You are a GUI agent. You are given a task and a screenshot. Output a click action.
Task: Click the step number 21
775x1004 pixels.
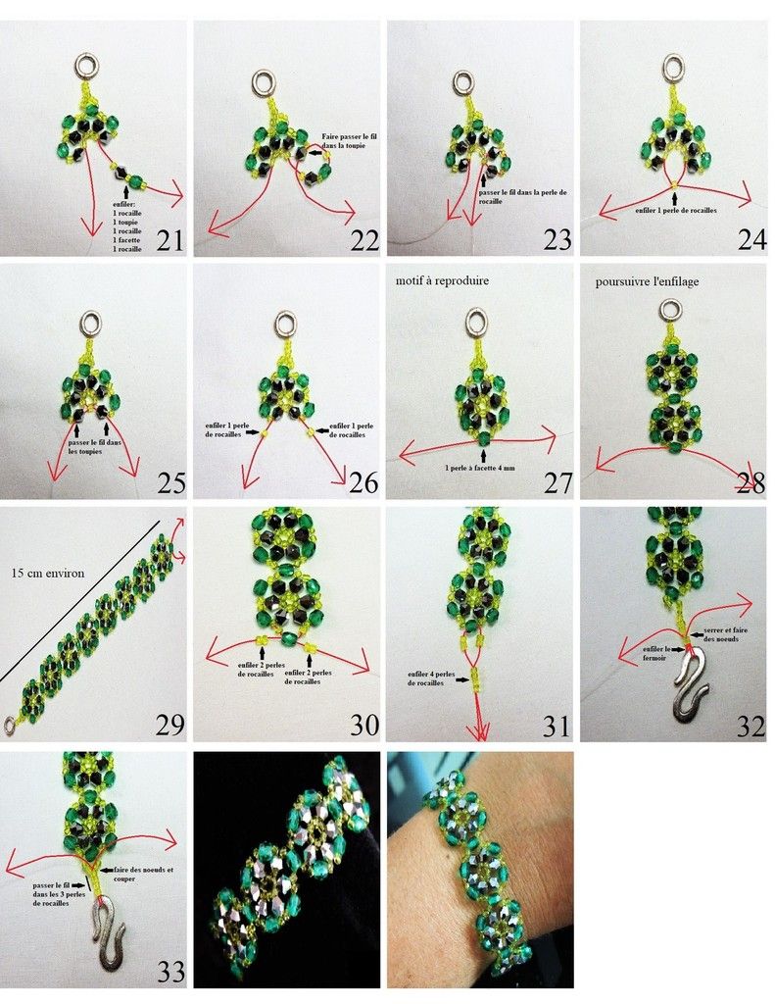coord(169,239)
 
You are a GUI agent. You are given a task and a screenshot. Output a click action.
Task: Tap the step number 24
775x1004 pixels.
coord(751,239)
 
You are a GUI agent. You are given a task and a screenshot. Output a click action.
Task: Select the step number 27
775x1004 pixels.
coord(557,483)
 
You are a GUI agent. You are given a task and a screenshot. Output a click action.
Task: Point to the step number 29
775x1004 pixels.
coord(169,725)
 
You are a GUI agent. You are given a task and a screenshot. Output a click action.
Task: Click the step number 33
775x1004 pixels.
coord(170,972)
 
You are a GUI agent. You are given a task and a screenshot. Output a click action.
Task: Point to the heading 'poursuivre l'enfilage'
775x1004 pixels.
coord(648,281)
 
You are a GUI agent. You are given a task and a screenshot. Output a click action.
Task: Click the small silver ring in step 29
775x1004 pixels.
coord(10,725)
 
